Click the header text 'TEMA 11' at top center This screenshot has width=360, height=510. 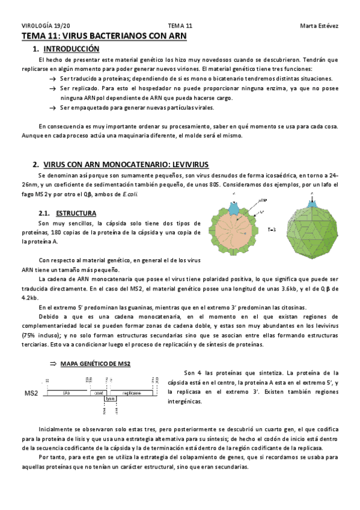click(x=180, y=26)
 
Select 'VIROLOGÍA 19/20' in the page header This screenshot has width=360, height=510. click(x=46, y=26)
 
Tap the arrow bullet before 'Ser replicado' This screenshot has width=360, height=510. click(x=53, y=88)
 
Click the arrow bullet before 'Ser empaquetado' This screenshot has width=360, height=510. click(x=53, y=108)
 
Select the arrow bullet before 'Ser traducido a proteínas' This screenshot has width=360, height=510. click(x=53, y=78)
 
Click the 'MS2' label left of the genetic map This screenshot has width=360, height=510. click(x=32, y=393)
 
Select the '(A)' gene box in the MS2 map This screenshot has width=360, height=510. click(x=67, y=392)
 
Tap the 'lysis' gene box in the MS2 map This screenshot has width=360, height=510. click(x=110, y=398)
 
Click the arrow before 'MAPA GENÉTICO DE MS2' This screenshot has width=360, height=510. click(x=53, y=364)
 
